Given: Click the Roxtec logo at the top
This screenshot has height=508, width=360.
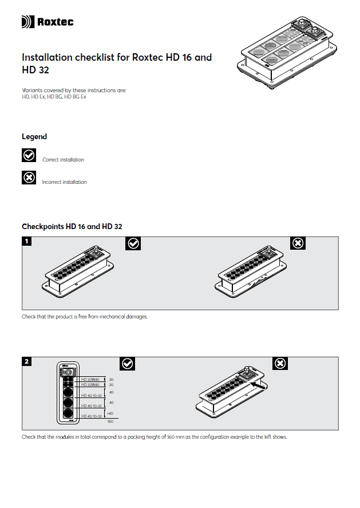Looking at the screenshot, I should (x=48, y=22).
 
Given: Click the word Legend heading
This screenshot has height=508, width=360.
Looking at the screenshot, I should (x=34, y=137).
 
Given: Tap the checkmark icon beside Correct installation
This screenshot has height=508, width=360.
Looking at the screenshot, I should (x=29, y=155).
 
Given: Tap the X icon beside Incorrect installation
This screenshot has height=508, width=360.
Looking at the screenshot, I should (x=29, y=178).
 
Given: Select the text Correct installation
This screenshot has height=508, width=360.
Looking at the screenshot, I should (x=63, y=160).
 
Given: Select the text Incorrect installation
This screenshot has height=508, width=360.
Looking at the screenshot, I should (x=64, y=182).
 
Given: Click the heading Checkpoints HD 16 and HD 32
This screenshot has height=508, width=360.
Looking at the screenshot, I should (x=72, y=226).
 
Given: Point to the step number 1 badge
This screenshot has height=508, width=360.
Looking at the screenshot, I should (x=26, y=241).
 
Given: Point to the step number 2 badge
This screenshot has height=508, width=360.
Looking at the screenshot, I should (x=26, y=361).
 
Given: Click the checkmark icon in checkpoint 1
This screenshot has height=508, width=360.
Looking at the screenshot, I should (x=133, y=243).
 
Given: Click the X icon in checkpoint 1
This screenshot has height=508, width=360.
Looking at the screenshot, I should (x=298, y=243).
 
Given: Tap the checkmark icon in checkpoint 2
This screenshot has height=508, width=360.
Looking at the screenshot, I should (x=128, y=364).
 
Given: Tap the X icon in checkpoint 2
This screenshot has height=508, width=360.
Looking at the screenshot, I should (x=280, y=364).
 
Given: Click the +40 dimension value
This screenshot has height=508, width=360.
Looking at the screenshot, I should (x=110, y=413).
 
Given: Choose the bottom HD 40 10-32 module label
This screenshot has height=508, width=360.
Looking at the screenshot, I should (x=91, y=416).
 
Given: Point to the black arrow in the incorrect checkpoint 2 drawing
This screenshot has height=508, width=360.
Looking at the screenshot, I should (x=258, y=387).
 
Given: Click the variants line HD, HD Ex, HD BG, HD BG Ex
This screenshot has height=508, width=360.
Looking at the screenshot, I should (x=54, y=97).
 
